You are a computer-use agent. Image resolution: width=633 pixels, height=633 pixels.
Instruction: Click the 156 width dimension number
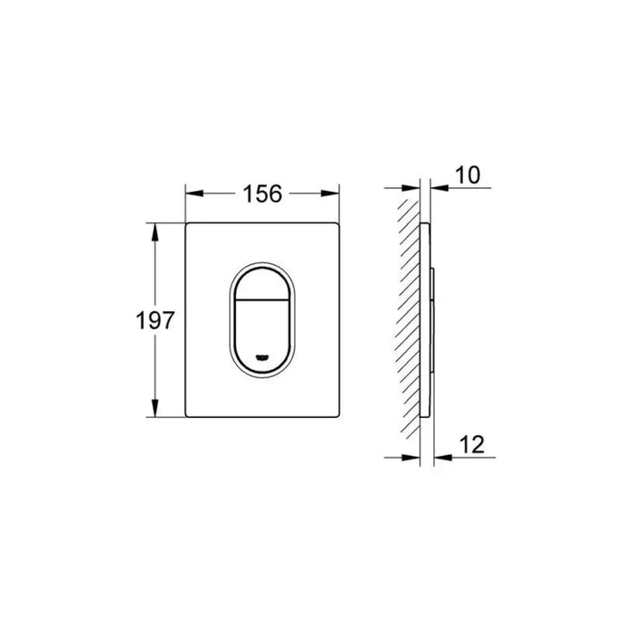[x=262, y=194]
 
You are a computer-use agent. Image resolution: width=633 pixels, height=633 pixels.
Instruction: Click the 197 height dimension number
[x=155, y=320]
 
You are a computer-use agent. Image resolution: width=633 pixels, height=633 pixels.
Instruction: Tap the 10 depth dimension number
[x=468, y=175]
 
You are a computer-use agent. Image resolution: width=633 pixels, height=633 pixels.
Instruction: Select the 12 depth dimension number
[x=471, y=445]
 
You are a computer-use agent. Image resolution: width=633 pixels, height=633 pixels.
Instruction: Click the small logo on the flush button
[x=262, y=357]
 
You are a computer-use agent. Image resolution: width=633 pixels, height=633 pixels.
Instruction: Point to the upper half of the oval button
[x=262, y=284]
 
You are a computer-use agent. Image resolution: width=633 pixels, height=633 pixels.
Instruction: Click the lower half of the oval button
[x=262, y=335]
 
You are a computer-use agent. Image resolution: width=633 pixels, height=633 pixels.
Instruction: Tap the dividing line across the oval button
[x=262, y=300]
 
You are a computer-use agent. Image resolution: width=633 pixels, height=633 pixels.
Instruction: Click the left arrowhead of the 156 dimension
[x=194, y=194]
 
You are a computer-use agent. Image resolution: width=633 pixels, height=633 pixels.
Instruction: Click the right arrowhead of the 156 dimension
[x=330, y=194]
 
